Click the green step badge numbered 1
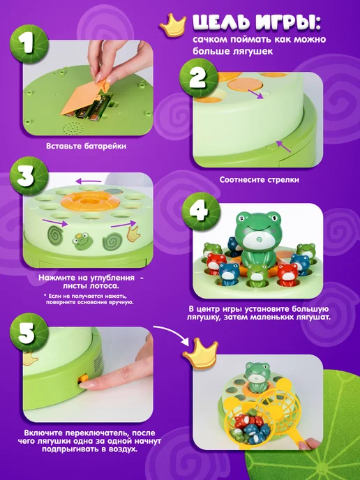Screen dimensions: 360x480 point(29,44)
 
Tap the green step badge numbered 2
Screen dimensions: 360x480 point(198,77)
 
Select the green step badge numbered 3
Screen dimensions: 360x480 point(29,176)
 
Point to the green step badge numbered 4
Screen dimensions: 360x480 point(201,211)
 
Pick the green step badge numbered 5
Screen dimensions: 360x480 point(29,333)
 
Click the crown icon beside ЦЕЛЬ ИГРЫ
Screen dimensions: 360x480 point(173,26)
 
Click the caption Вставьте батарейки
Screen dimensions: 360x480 point(86,146)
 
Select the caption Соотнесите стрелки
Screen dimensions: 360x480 point(259,180)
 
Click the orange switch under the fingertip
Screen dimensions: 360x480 point(82,379)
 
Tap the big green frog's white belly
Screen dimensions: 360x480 point(257,240)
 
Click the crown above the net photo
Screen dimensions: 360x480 point(200,352)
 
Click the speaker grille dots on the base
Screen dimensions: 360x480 point(72,128)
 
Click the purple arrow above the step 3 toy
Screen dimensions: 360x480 point(88,181)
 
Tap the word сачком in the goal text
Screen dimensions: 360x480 point(209,40)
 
